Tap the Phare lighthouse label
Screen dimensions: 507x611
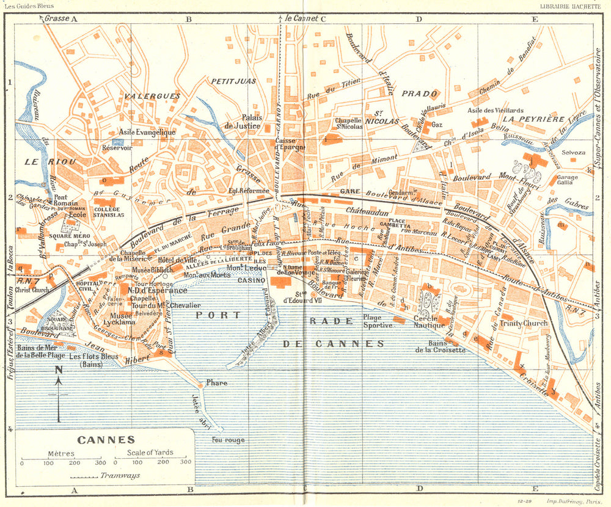click(217, 383)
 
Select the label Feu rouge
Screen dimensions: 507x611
click(228, 440)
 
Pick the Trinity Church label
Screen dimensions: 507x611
click(524, 323)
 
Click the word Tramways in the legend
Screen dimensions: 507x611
click(120, 475)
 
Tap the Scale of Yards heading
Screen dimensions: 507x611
click(150, 453)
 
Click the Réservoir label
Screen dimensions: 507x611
click(117, 147)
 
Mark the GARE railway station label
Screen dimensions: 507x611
click(349, 191)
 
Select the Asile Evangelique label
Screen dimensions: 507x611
click(147, 132)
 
